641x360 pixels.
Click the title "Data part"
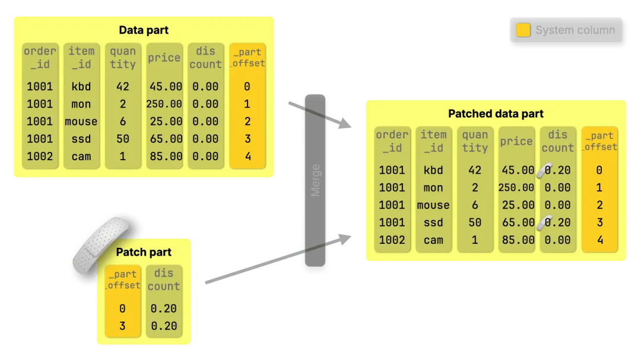click(144, 30)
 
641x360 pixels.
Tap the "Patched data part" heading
click(496, 114)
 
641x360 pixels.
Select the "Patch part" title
click(144, 252)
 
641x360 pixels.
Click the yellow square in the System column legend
click(523, 30)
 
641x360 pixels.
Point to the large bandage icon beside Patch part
click(100, 244)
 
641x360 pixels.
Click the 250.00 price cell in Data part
click(164, 104)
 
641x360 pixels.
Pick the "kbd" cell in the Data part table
click(81, 87)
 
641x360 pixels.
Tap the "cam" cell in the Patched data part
click(433, 240)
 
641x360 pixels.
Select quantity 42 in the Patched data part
click(475, 170)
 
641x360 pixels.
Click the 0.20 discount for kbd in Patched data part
click(558, 170)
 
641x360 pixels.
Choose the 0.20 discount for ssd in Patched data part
click(558, 222)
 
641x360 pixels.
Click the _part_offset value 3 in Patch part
click(122, 326)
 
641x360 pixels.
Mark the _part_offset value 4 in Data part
click(247, 157)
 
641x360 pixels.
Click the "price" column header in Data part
click(164, 58)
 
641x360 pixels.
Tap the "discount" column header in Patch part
click(163, 279)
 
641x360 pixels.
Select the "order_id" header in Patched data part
click(392, 141)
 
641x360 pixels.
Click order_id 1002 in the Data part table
click(40, 157)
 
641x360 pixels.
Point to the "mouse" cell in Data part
click(81, 122)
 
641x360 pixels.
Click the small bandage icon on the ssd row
click(544, 222)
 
